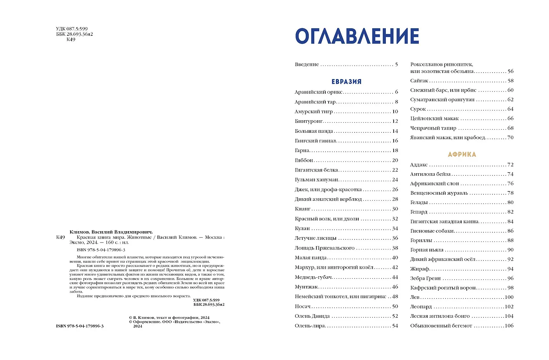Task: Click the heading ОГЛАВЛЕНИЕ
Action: pyautogui.click(x=357, y=36)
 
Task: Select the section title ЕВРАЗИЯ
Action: pyautogui.click(x=346, y=82)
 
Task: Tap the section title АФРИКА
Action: pyautogui.click(x=462, y=155)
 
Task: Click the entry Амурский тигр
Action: pyautogui.click(x=314, y=112)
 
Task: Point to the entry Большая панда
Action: pyautogui.click(x=314, y=131)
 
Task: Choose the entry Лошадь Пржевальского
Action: pyautogui.click(x=324, y=248)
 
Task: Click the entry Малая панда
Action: pyautogui.click(x=310, y=258)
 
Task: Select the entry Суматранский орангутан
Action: pyautogui.click(x=442, y=99)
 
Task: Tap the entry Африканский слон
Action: pyautogui.click(x=434, y=184)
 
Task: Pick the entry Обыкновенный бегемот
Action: pyautogui.click(x=441, y=326)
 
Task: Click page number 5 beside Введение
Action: pyautogui.click(x=396, y=64)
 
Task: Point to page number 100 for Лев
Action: pyautogui.click(x=509, y=297)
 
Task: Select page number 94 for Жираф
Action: pyautogui.click(x=510, y=269)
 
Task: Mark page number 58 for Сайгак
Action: pyautogui.click(x=510, y=81)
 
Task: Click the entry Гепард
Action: pyautogui.click(x=419, y=212)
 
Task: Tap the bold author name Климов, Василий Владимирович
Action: pyautogui.click(x=111, y=232)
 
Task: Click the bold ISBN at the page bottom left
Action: pyautogui.click(x=80, y=326)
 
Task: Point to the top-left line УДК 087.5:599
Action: pyautogui.click(x=72, y=29)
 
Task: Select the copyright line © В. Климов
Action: pyautogui.click(x=169, y=317)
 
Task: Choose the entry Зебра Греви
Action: pyautogui.click(x=425, y=278)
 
